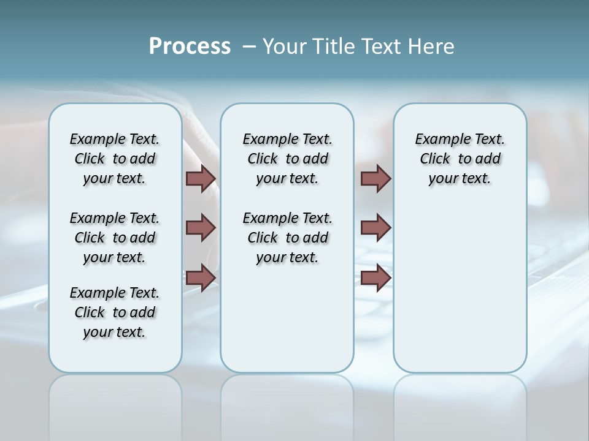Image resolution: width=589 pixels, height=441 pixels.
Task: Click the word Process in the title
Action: pos(190,47)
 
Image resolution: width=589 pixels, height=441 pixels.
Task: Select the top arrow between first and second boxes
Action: pos(201,178)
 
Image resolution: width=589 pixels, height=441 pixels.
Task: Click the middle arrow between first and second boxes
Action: pos(201,228)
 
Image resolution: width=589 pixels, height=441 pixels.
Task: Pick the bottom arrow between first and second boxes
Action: pos(201,277)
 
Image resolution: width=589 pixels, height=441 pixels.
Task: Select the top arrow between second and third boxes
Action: pos(375,178)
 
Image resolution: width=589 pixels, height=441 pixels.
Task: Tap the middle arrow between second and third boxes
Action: pos(375,228)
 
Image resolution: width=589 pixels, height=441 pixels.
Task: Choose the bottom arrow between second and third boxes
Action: pos(375,277)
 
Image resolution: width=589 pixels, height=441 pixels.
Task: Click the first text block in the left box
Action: pos(115,159)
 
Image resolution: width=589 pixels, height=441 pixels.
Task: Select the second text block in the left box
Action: pos(115,238)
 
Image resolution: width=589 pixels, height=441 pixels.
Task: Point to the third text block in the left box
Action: pos(115,312)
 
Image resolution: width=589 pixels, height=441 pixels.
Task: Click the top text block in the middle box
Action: pos(287,159)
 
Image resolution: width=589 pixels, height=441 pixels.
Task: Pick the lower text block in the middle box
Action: pos(287,238)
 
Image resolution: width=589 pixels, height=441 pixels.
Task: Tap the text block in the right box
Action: pos(460,159)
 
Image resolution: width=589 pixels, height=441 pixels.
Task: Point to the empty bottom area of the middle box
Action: pos(287,325)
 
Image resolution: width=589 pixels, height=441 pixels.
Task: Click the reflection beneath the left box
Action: pos(115,398)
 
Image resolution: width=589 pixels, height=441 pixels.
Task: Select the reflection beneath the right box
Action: pos(460,398)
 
